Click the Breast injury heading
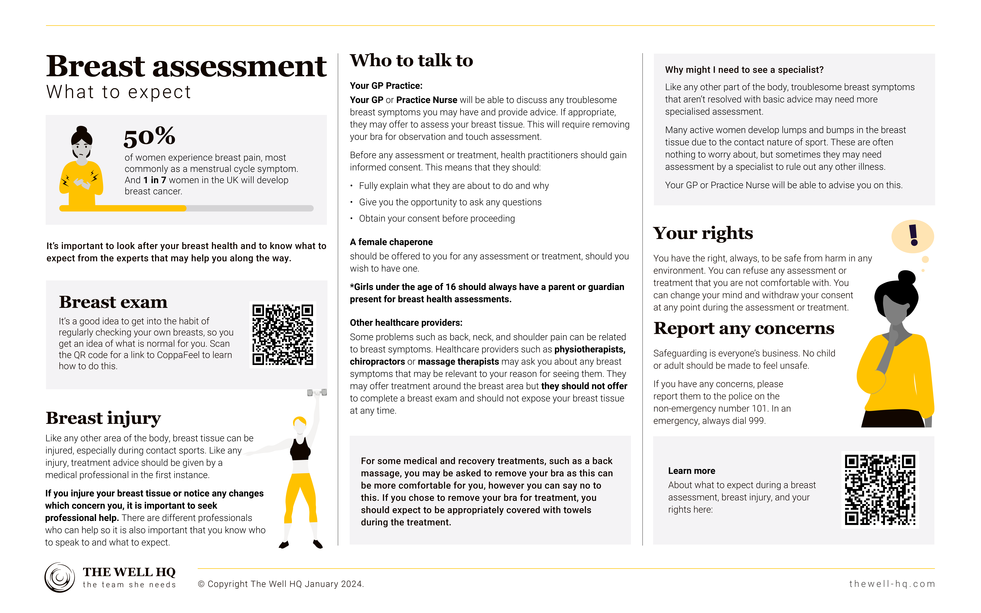tap(103, 418)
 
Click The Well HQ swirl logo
tap(60, 577)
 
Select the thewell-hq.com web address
tap(892, 584)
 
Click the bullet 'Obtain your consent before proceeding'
tap(437, 218)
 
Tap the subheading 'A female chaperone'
tap(391, 242)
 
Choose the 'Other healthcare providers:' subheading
tap(406, 323)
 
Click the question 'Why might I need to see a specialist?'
tap(744, 70)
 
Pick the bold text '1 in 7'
tap(154, 180)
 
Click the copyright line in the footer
tap(281, 584)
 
